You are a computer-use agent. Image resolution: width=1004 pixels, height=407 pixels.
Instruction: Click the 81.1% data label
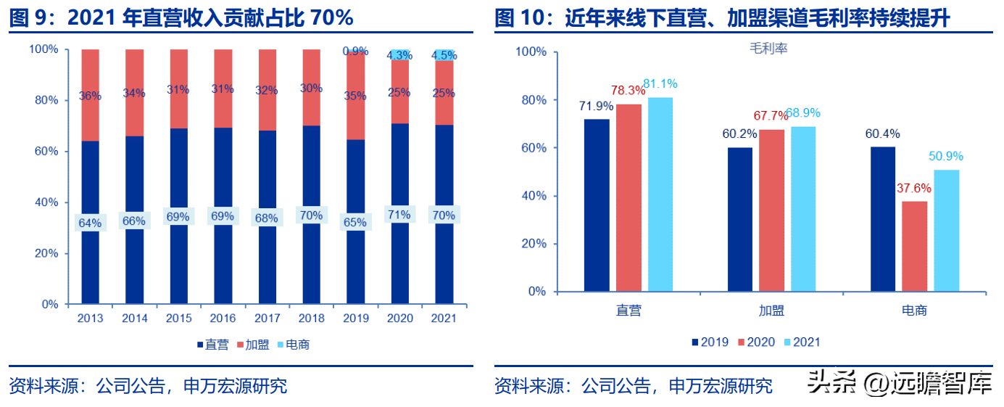[660, 84]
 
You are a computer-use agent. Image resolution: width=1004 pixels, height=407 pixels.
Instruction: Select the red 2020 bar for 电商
[915, 246]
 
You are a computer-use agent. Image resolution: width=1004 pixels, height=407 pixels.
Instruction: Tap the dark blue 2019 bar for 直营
[597, 205]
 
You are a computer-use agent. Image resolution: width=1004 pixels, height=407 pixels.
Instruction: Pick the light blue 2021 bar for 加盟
[803, 208]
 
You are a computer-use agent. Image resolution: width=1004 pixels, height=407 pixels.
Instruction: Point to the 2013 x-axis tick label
[90, 318]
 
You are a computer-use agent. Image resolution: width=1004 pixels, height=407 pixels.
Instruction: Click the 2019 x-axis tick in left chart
[355, 318]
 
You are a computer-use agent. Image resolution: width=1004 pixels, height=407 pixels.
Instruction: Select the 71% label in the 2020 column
[399, 215]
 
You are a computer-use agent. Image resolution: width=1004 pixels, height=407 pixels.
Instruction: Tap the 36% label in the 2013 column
[90, 96]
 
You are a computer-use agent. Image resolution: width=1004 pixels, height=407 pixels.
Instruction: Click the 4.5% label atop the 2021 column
[444, 55]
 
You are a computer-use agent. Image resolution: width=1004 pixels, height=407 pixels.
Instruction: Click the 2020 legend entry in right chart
[756, 342]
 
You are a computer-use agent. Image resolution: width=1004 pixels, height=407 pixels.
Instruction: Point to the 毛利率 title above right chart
[768, 49]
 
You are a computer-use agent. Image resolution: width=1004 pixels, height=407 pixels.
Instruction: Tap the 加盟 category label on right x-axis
[771, 311]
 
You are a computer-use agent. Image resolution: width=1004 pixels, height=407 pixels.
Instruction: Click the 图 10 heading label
[521, 18]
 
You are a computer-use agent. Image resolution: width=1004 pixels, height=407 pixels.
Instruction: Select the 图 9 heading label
[32, 18]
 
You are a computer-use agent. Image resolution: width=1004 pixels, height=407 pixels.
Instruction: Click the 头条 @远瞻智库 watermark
[899, 382]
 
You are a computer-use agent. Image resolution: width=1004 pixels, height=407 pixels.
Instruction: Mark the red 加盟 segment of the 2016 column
[223, 89]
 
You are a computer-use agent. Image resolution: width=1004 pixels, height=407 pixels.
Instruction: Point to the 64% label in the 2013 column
[90, 222]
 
